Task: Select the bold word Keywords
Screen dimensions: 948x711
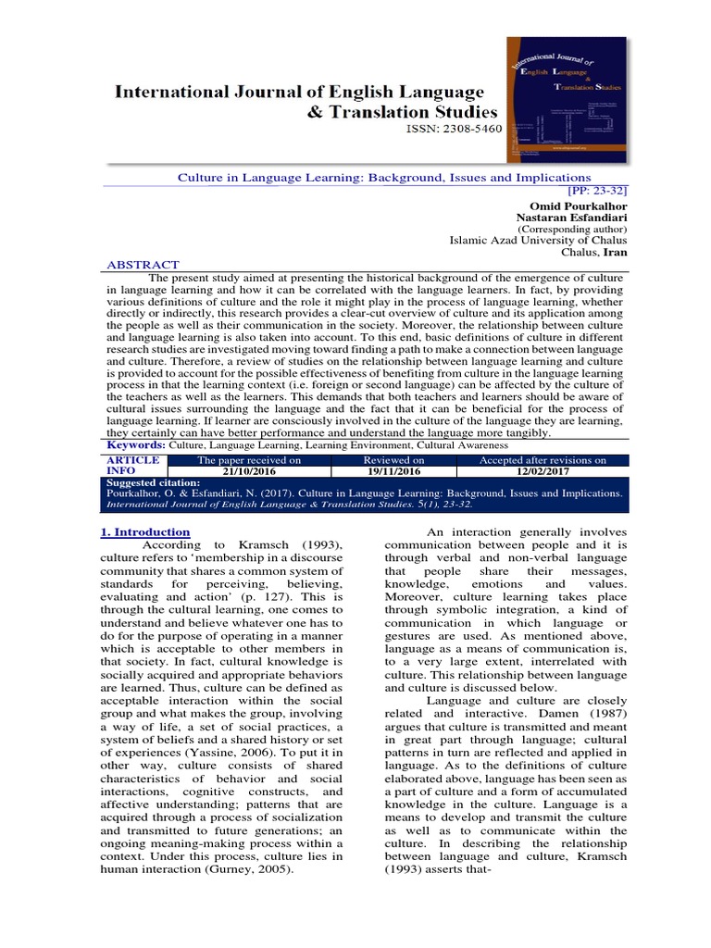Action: pos(137,445)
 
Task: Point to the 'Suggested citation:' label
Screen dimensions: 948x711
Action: pos(153,483)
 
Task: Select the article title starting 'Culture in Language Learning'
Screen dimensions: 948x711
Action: pos(383,177)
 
